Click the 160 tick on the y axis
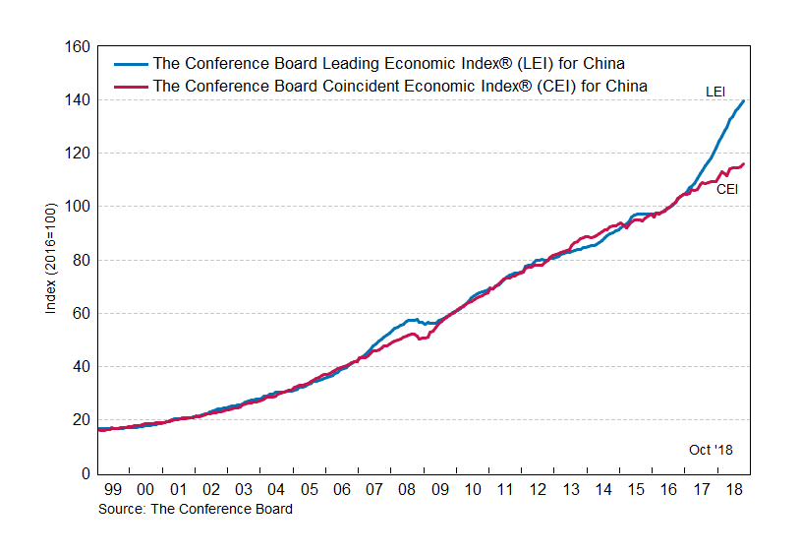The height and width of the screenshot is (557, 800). click(79, 47)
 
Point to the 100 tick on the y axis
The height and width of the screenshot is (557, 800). click(79, 207)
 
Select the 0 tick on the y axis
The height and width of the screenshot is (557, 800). click(86, 473)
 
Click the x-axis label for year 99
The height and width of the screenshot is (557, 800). click(111, 490)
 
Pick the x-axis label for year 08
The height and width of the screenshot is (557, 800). click(407, 490)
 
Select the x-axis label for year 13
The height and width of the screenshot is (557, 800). click(571, 490)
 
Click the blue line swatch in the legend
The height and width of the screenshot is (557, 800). click(130, 65)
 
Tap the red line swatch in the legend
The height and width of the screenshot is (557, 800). click(130, 86)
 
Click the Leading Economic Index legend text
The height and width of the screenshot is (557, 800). click(389, 65)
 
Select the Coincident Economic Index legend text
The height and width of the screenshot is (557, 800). click(400, 86)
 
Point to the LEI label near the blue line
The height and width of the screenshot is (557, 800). click(716, 92)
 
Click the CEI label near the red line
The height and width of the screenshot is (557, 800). click(726, 189)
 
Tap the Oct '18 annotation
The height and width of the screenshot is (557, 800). click(711, 450)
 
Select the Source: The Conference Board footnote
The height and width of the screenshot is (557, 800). click(195, 509)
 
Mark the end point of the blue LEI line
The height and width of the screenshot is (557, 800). click(744, 100)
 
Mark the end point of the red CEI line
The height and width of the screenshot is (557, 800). click(744, 163)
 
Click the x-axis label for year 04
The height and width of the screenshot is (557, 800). click(275, 490)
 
